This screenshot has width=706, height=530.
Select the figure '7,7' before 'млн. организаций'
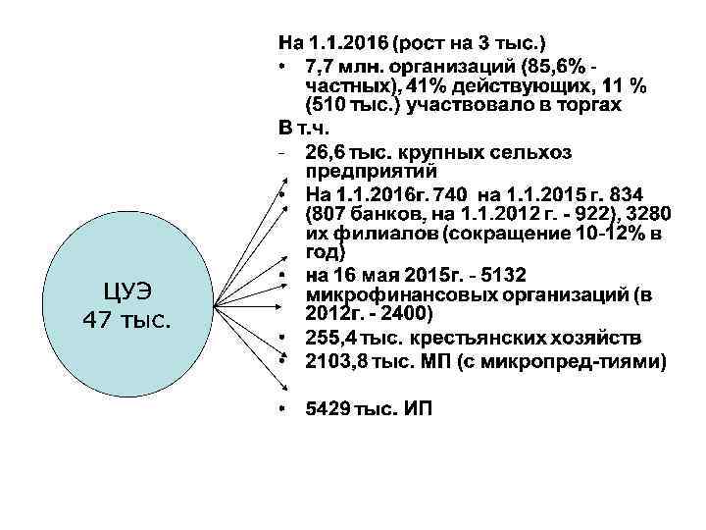click(x=320, y=65)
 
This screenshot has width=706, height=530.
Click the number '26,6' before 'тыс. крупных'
click(x=326, y=152)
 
